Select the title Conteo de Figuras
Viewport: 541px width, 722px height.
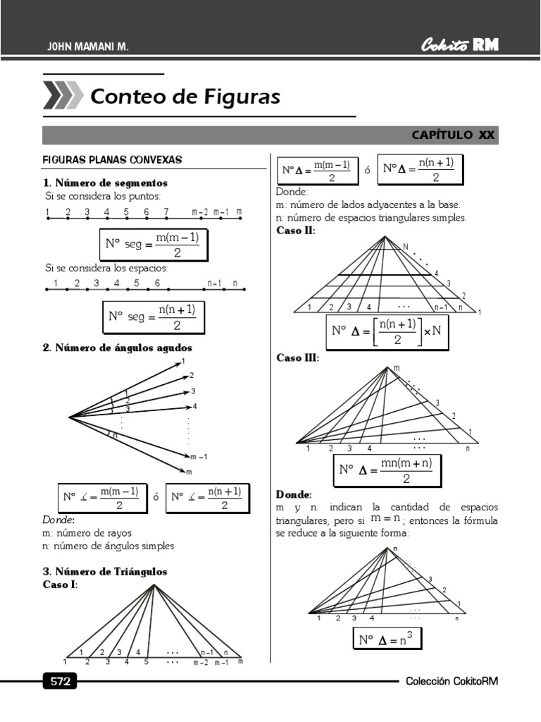coord(185,97)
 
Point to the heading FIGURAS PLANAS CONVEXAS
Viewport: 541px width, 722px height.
coord(113,160)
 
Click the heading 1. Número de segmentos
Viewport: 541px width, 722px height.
coord(106,183)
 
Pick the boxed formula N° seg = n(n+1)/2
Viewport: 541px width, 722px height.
coord(154,317)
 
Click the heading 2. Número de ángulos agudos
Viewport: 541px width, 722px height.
coord(117,348)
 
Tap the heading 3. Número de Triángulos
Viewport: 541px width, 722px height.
coord(105,572)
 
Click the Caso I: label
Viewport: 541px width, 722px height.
coord(61,585)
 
